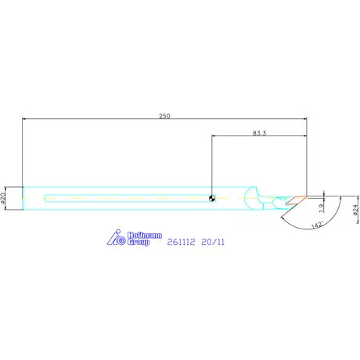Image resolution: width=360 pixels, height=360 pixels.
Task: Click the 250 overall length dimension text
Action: coord(164,116)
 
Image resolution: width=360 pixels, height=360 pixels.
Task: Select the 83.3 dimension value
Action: coord(259,133)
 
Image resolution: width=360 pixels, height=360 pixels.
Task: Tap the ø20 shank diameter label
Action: coord(3,198)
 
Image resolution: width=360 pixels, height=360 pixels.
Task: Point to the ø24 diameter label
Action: coord(355,210)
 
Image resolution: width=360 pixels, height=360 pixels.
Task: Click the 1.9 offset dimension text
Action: coord(322,208)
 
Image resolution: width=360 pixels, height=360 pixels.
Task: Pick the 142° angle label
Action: coord(318,225)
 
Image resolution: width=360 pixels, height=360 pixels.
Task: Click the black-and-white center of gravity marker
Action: coord(212,198)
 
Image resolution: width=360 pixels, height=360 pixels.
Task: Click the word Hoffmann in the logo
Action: coord(145,236)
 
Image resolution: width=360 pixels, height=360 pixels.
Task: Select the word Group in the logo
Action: coord(139,242)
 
